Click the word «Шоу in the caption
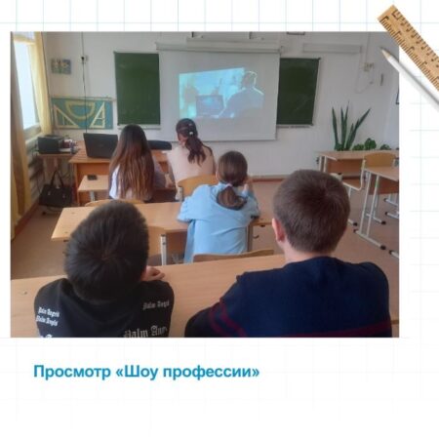[x=136, y=372]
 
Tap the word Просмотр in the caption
[x=72, y=373]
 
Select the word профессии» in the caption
[x=211, y=373]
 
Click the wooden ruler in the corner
[x=411, y=46]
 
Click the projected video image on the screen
[x=220, y=93]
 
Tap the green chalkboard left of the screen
[x=138, y=89]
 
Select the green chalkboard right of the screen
[x=298, y=91]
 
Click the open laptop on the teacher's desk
[x=100, y=145]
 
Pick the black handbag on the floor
[x=56, y=192]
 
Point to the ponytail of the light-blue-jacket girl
[x=231, y=196]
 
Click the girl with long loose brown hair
[x=134, y=163]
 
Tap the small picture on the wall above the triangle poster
[x=60, y=66]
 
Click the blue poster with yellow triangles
[x=82, y=113]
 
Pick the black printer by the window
[x=51, y=143]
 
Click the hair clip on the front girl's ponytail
[x=191, y=133]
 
